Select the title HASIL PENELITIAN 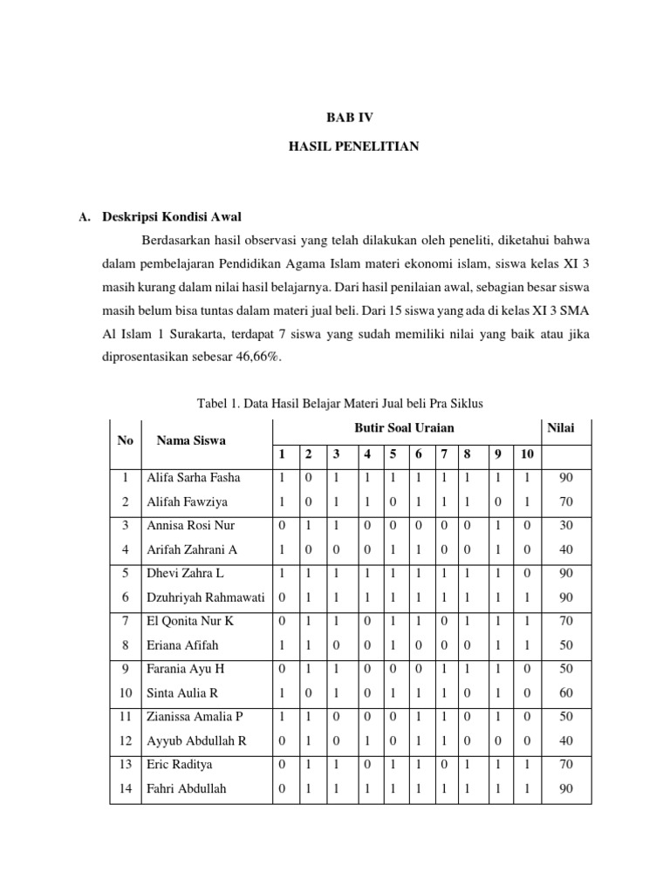click(x=353, y=147)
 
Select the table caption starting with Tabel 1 click(x=341, y=403)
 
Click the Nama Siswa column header click(x=190, y=440)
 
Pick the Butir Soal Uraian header click(x=403, y=428)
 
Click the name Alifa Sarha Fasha click(x=194, y=478)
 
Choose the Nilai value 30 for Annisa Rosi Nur click(x=564, y=526)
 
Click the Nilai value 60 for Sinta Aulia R click(x=564, y=693)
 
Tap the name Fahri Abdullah click(x=186, y=789)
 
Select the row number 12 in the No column click(x=124, y=741)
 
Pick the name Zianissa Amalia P click(x=196, y=717)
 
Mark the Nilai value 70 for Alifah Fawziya click(x=564, y=502)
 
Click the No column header click(x=125, y=440)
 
